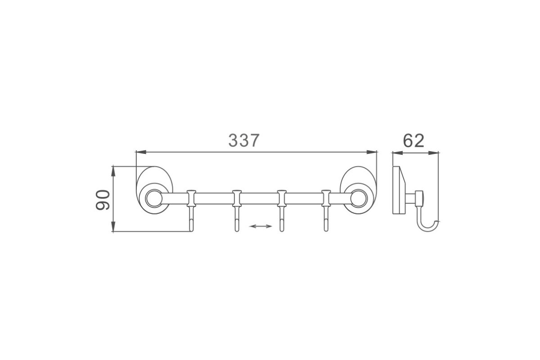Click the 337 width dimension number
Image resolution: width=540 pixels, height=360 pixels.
coord(244,140)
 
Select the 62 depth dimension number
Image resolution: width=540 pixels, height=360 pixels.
coord(414,141)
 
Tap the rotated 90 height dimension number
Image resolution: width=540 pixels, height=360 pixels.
coord(103,200)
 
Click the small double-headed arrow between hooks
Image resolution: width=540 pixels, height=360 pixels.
coord(261,226)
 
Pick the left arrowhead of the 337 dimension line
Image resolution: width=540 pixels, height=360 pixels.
coord(141,152)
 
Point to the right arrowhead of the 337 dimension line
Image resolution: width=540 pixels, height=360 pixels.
coord(372,152)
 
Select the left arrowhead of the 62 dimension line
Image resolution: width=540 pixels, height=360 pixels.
coord(398,153)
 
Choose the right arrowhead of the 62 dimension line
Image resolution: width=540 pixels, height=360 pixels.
coord(433,153)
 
